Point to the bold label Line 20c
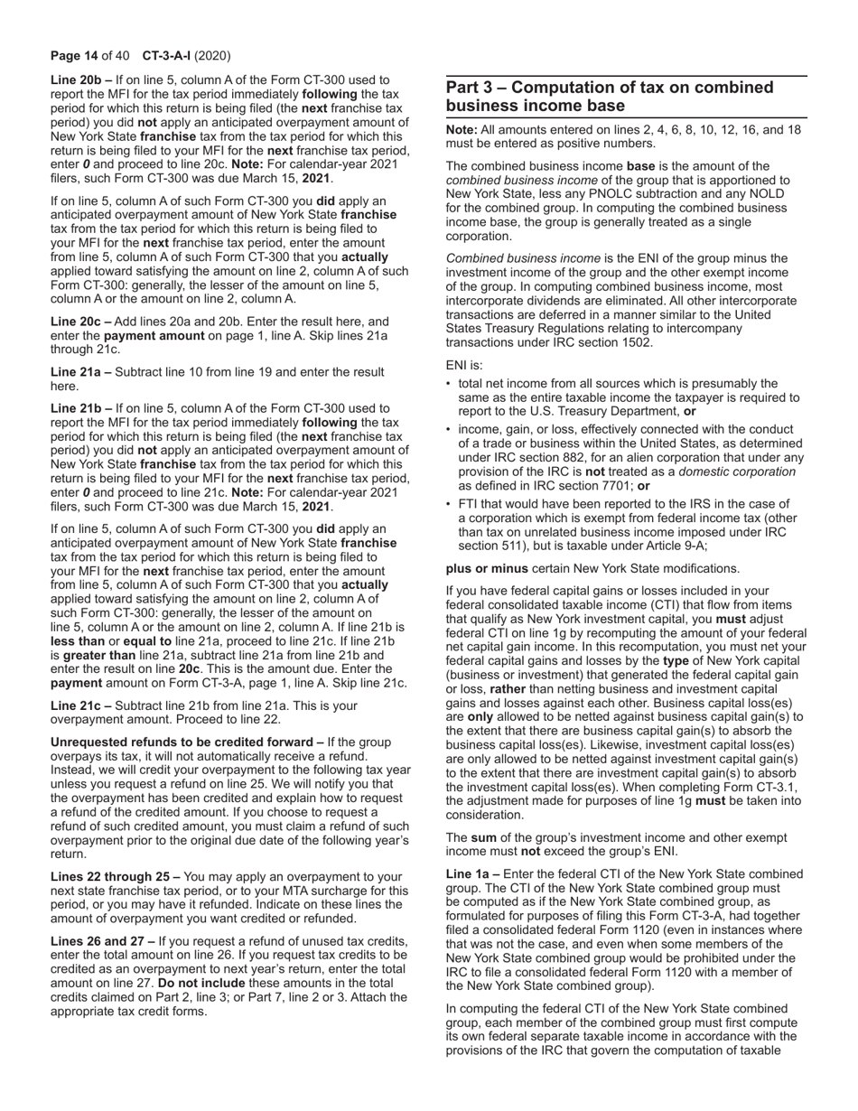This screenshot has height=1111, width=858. (79, 322)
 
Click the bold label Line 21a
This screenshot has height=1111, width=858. (79, 372)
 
